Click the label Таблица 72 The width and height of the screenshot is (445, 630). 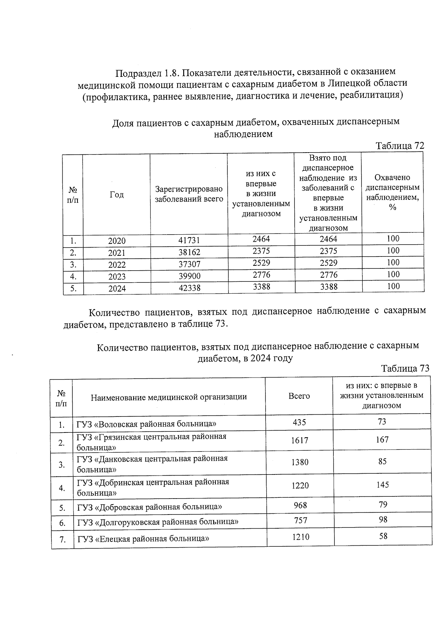tap(400, 146)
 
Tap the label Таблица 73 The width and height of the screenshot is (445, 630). tap(405, 368)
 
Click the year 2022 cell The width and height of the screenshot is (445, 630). tap(117, 265)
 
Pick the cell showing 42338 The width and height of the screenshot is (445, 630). tap(189, 288)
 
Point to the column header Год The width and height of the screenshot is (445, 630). tap(117, 195)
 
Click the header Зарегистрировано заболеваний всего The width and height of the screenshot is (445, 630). tap(189, 194)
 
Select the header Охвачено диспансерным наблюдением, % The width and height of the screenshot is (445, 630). tap(393, 192)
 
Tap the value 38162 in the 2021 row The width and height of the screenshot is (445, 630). tap(189, 252)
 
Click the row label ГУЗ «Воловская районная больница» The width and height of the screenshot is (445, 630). tap(146, 424)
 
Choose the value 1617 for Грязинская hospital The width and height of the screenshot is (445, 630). tap(300, 440)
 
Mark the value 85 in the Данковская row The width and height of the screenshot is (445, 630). tap(382, 461)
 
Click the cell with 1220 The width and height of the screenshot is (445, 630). tap(300, 485)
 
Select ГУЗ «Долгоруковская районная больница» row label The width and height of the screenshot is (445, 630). tap(158, 522)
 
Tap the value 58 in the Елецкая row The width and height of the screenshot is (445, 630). tap(383, 536)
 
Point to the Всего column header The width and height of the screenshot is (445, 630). tap(299, 396)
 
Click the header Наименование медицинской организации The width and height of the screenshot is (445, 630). tap(169, 397)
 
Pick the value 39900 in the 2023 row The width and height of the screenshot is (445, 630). tap(189, 276)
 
